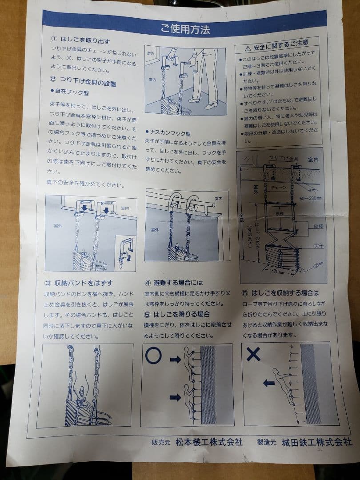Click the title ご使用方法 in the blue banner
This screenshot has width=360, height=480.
click(x=185, y=30)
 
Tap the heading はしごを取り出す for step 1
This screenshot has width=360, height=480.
click(x=84, y=40)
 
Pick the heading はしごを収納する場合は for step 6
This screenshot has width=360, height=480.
click(x=285, y=293)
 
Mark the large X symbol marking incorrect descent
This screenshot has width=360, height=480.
click(x=253, y=354)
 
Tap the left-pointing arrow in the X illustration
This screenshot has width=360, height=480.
click(x=268, y=383)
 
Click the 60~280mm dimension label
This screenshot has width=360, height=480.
click(x=309, y=198)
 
